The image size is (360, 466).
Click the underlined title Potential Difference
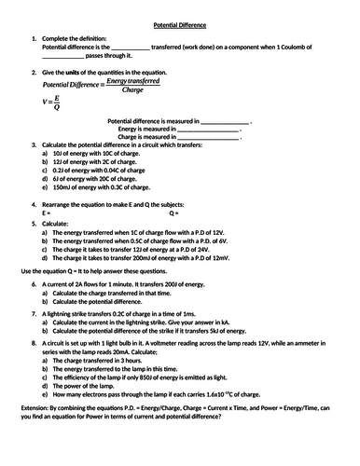click(x=180, y=17)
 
